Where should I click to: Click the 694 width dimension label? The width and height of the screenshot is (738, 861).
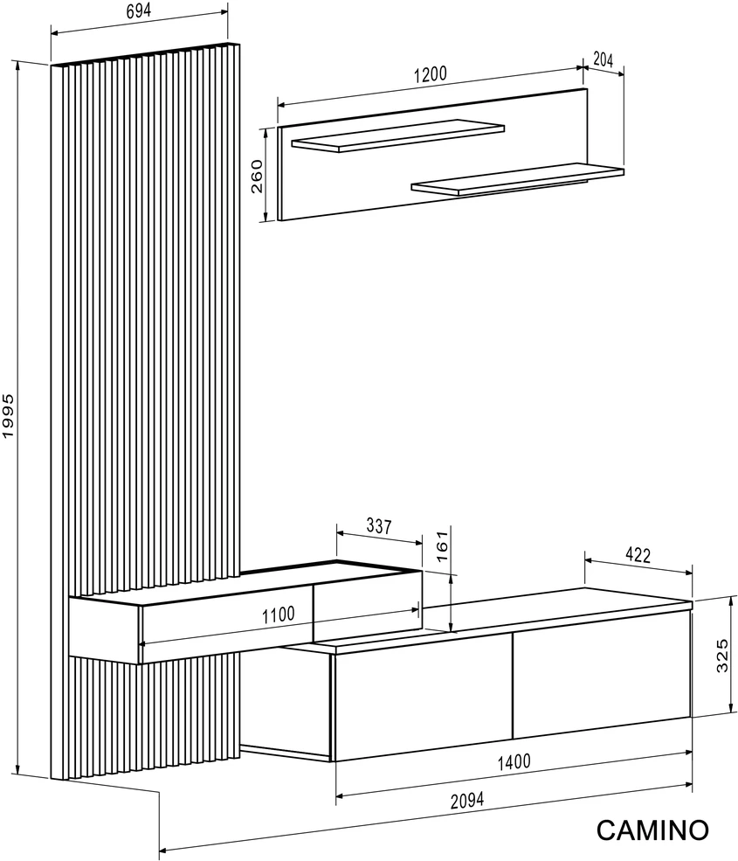point(138,11)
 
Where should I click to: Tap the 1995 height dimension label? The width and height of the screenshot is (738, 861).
point(8,416)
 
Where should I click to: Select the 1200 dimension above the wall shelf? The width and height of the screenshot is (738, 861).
point(431,74)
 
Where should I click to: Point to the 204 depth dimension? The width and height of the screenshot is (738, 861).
point(603,59)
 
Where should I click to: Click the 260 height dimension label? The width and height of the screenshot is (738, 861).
point(257,177)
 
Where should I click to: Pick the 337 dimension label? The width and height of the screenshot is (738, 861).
point(378,526)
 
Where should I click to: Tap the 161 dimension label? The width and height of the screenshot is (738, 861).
point(442,545)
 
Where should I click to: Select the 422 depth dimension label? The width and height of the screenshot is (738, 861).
point(638,555)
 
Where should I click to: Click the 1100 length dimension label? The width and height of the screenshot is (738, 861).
point(279,615)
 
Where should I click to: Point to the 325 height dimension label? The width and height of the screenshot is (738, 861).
point(722,655)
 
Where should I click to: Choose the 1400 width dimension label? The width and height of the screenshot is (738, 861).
point(514,761)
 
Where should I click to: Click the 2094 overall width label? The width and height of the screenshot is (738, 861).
point(467,801)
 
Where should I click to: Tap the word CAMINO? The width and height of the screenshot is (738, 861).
point(652,830)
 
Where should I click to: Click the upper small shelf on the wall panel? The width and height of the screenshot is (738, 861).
point(397,135)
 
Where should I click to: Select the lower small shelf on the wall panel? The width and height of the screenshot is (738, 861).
point(517,179)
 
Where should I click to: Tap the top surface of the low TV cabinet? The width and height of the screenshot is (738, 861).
point(488,619)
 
